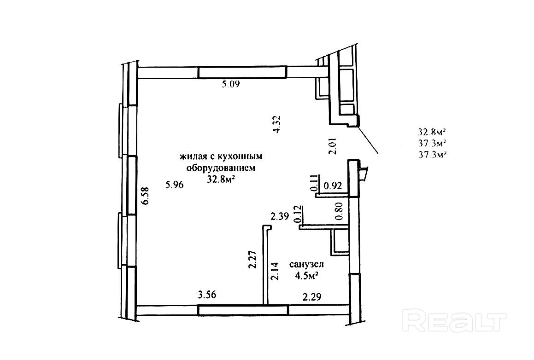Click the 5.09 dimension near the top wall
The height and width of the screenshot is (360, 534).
click(x=231, y=84)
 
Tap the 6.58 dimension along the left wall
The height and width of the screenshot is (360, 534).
click(x=145, y=196)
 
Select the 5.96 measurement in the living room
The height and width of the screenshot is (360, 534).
click(x=174, y=185)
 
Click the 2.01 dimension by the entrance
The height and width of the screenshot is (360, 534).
click(x=332, y=146)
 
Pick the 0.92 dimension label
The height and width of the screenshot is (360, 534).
click(x=333, y=186)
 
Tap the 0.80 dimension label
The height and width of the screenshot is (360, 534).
click(x=339, y=211)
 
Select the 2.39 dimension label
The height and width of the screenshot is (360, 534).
click(x=280, y=216)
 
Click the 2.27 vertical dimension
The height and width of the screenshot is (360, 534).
click(x=252, y=260)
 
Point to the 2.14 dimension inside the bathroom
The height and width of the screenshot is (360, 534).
click(x=275, y=271)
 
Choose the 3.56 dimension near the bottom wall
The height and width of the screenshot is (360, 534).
click(x=207, y=294)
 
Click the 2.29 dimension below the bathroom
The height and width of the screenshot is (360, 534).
click(x=312, y=297)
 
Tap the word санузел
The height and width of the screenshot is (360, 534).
click(x=306, y=264)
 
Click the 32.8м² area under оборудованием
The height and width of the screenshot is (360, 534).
click(x=222, y=179)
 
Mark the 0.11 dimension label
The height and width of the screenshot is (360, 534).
click(x=315, y=183)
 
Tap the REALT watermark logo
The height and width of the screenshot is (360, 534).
click(x=454, y=320)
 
